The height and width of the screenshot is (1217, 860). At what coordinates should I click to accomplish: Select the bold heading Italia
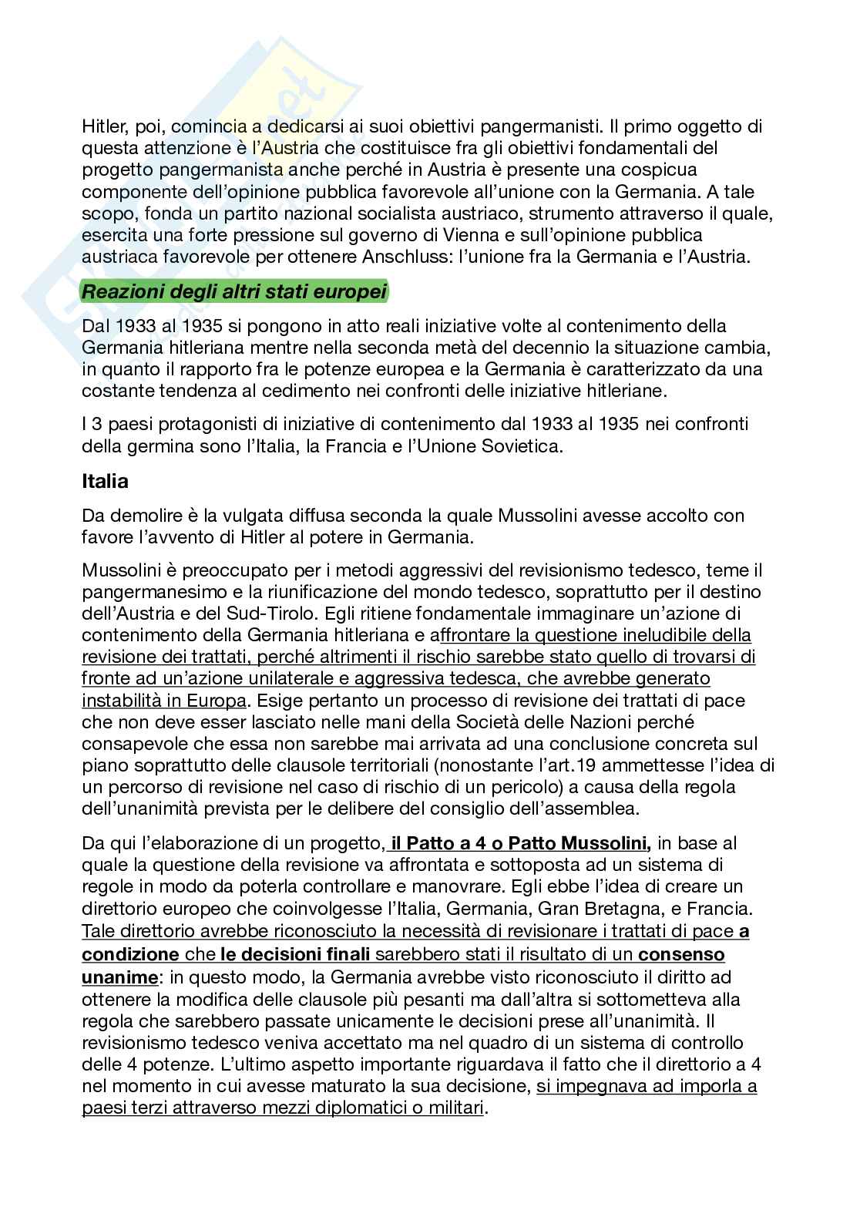[x=105, y=482]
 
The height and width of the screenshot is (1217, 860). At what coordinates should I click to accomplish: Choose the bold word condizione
[x=130, y=954]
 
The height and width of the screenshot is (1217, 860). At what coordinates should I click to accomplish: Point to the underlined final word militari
[x=455, y=1109]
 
